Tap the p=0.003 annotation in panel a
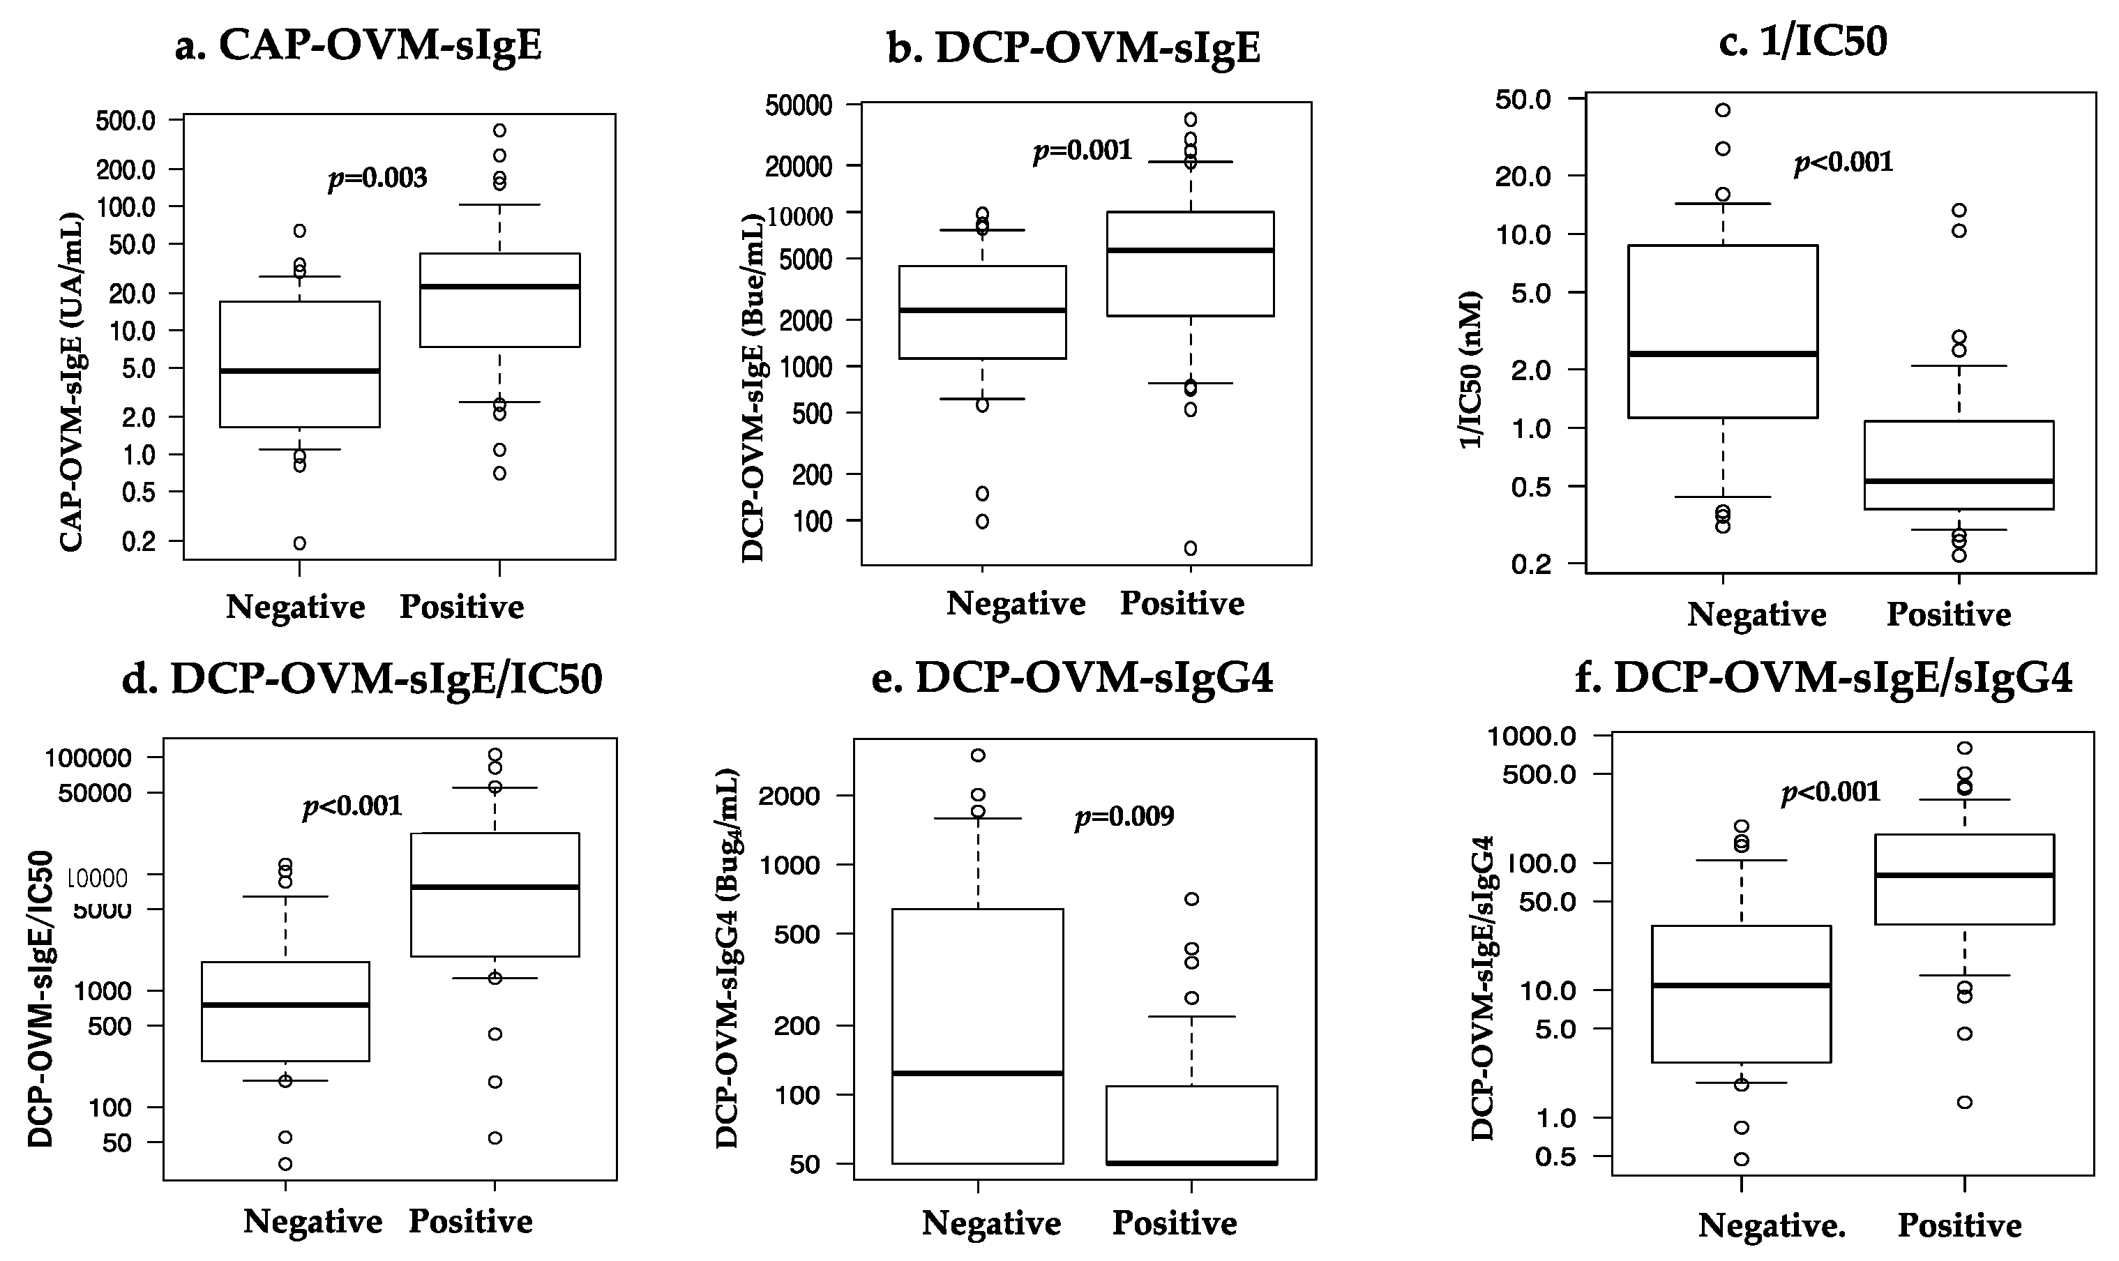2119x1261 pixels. click(377, 179)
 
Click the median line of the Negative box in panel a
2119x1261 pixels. click(299, 370)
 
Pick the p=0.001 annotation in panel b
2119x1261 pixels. click(1082, 151)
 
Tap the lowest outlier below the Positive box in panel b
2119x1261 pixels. click(1191, 548)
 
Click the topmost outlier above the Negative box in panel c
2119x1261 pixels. click(1722, 110)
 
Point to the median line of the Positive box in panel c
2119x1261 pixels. click(1959, 481)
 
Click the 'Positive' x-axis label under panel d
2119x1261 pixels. click(470, 1221)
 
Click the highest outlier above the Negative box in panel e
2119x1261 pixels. click(978, 755)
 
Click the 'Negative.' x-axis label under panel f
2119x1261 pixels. click(1772, 1225)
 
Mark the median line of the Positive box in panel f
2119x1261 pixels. click(1964, 875)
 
